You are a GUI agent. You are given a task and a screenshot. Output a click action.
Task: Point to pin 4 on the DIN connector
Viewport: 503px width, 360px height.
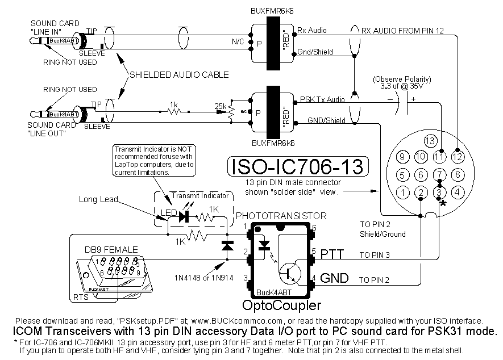coord(458,192)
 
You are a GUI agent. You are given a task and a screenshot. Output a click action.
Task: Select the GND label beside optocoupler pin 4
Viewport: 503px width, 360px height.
coord(334,279)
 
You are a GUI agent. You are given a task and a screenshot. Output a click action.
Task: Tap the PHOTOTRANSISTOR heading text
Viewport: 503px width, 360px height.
coord(281,216)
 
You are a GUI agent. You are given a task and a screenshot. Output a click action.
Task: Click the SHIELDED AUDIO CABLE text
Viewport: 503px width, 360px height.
coord(179,74)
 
